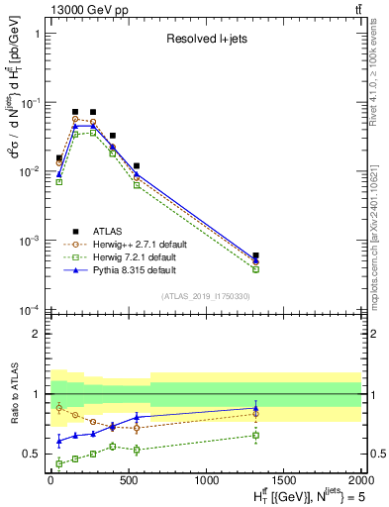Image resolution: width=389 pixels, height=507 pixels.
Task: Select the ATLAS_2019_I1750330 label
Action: (x=205, y=296)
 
